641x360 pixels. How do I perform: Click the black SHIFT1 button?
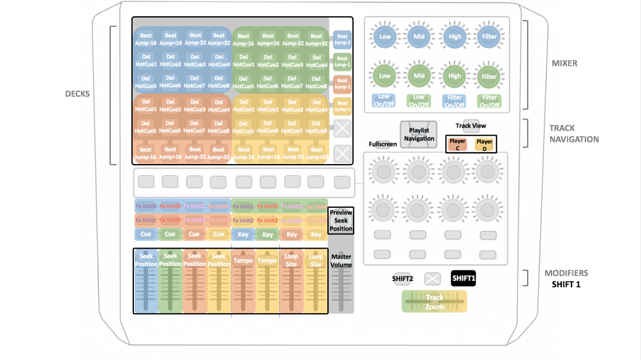[x=463, y=279]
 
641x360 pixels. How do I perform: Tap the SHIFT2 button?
[x=402, y=279]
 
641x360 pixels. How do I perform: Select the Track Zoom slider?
[x=434, y=302]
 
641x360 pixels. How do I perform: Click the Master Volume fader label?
[x=341, y=260]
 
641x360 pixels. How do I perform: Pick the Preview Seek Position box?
[x=341, y=220]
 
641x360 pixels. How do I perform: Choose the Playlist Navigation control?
[x=418, y=134]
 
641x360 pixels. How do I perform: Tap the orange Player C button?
[x=458, y=145]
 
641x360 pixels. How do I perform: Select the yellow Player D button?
[x=483, y=145]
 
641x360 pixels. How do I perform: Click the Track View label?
[x=471, y=126]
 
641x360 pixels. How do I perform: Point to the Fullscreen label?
[x=383, y=144]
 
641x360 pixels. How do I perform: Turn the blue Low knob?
[x=384, y=37]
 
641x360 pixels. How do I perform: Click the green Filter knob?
[x=488, y=76]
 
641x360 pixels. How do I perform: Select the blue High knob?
[x=454, y=37]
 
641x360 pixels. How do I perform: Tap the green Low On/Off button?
[x=419, y=100]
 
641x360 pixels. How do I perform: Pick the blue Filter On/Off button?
[x=454, y=100]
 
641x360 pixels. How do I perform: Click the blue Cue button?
[x=146, y=234]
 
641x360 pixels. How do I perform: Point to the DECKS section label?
[x=78, y=95]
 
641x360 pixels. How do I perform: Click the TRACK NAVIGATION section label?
[x=574, y=133]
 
